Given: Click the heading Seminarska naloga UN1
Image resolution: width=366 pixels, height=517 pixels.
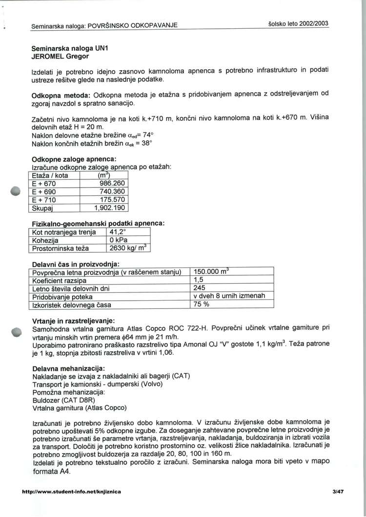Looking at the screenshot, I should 66,49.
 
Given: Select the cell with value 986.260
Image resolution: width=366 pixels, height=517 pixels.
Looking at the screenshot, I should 112,184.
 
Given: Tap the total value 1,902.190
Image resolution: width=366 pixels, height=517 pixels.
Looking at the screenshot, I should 110,209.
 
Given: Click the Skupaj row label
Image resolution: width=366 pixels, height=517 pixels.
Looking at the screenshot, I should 42,209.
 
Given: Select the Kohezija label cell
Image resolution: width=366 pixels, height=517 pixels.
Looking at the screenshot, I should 45,240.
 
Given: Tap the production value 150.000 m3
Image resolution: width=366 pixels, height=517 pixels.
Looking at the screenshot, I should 212,272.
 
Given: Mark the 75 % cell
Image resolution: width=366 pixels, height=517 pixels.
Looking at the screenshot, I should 202,305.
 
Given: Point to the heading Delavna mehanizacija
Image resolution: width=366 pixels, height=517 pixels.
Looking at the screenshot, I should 68,368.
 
